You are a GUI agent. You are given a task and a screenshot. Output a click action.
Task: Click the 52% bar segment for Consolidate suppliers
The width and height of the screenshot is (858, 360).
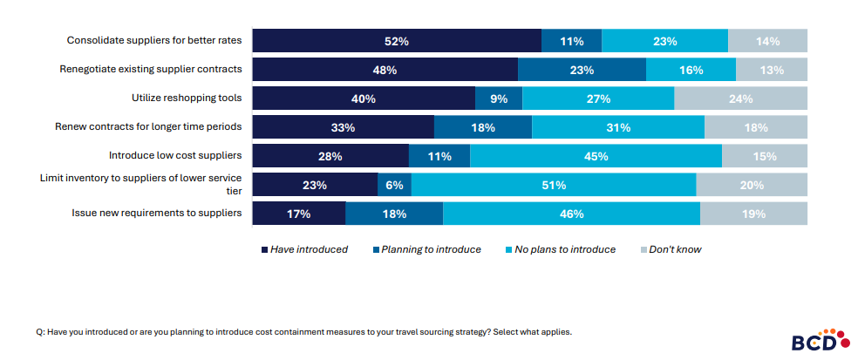pyautogui.click(x=397, y=41)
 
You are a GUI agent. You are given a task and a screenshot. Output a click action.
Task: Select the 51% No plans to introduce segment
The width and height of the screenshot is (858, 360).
pyautogui.click(x=554, y=185)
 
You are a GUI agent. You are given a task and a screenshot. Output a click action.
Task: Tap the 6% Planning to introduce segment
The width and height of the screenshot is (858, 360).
pyautogui.click(x=394, y=185)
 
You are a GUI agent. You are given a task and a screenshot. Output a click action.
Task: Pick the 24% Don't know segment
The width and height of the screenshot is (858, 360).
pyautogui.click(x=740, y=98)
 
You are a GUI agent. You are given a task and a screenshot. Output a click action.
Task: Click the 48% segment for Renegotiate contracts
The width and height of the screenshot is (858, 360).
pyautogui.click(x=385, y=70)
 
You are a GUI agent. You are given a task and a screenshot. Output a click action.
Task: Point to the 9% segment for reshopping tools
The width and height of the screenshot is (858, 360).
pyautogui.click(x=499, y=98)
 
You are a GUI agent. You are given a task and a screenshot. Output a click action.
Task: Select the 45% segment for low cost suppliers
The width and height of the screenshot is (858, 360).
pyautogui.click(x=596, y=156)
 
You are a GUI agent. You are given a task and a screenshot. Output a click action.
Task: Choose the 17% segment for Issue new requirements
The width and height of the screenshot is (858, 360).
pyautogui.click(x=298, y=214)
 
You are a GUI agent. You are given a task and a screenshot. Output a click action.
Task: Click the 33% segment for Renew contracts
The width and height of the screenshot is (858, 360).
pyautogui.click(x=343, y=127)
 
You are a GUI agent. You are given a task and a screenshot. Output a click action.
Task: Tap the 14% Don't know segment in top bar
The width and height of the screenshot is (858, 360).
pyautogui.click(x=767, y=41)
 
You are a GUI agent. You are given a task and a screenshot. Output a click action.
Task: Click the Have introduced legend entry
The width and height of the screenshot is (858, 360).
pyautogui.click(x=304, y=249)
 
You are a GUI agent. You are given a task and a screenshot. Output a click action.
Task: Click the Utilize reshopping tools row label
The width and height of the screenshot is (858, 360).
pyautogui.click(x=186, y=97)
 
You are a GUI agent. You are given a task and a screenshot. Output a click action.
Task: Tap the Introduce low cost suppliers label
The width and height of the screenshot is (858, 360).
pyautogui.click(x=174, y=155)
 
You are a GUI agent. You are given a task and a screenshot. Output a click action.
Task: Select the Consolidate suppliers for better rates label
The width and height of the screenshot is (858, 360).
pyautogui.click(x=154, y=40)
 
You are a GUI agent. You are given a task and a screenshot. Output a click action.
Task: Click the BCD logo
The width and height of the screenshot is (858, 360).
pyautogui.click(x=814, y=340)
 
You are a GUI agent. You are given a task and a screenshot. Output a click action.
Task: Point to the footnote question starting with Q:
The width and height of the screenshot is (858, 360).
pyautogui.click(x=303, y=332)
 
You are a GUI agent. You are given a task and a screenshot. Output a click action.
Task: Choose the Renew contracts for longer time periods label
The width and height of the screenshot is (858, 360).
pyautogui.click(x=149, y=126)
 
